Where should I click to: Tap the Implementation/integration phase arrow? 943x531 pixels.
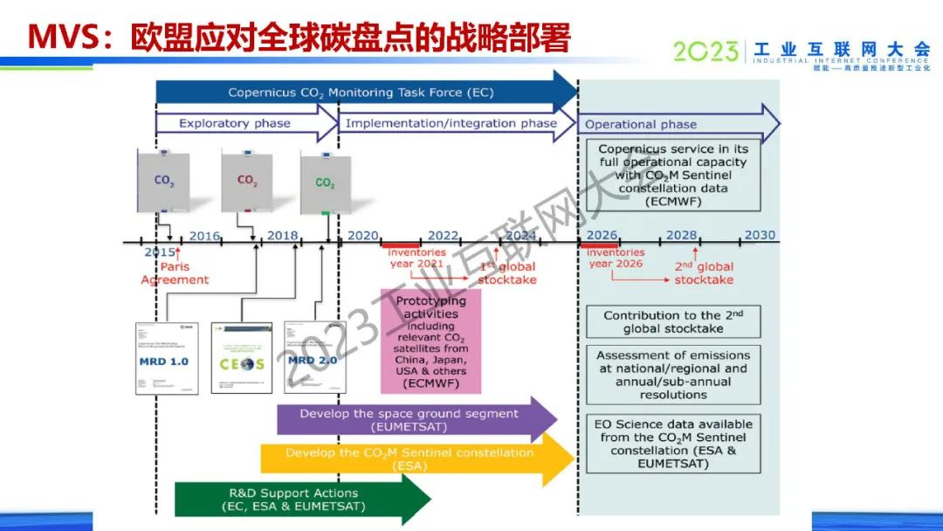click(451, 123)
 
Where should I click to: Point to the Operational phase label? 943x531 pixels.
click(641, 124)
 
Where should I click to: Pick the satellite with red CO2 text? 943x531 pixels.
click(248, 180)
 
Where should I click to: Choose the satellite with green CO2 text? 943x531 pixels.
click(325, 183)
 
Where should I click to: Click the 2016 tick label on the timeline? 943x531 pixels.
click(204, 236)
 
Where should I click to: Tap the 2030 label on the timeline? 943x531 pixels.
click(759, 236)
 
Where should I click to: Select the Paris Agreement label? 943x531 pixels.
click(175, 273)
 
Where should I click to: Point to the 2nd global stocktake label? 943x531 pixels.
click(704, 272)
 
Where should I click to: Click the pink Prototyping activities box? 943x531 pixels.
click(430, 341)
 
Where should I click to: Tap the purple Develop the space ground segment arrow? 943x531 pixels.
click(410, 420)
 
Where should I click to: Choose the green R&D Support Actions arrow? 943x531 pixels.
click(297, 499)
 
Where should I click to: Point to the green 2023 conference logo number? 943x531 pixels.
click(706, 53)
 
